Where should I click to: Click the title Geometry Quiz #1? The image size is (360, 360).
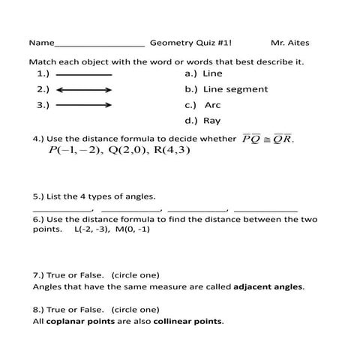190,43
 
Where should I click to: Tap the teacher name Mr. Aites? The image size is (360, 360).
290,43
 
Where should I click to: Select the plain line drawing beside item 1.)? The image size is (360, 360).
84,75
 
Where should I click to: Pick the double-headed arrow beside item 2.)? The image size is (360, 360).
84,90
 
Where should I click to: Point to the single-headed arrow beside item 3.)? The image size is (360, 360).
84,106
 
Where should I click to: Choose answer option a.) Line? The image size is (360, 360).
203,74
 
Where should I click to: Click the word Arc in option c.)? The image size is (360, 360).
212,105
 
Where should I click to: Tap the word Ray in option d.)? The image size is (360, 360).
211,121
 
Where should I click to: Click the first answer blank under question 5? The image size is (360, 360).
62,209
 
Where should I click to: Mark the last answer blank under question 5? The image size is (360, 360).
265,209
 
